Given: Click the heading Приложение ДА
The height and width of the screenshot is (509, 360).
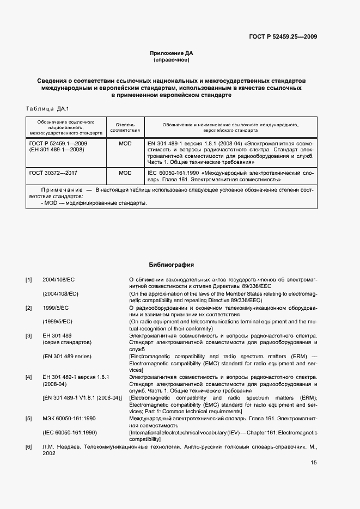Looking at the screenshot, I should tap(172, 53).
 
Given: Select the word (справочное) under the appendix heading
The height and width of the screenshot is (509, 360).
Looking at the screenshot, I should tap(172, 60).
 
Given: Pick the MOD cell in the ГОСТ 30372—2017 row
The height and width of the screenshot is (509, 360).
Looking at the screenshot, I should tap(125, 173).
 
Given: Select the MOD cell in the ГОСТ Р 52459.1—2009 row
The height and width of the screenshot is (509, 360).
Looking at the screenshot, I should tap(125, 143).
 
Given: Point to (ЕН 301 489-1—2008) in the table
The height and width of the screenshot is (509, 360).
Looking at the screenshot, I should tap(57, 149).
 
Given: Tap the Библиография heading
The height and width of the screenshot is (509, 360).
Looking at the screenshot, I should tap(172, 265).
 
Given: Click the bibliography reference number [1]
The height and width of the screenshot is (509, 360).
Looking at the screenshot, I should tap(29, 280).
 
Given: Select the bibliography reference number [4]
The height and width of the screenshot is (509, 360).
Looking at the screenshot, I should tap(29, 377).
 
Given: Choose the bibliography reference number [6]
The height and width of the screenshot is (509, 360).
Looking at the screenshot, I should tap(29, 447).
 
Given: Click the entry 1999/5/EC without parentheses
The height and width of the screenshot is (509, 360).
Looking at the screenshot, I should tap(56, 308).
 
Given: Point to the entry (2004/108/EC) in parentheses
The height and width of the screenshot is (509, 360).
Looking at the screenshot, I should tap(60, 293).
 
